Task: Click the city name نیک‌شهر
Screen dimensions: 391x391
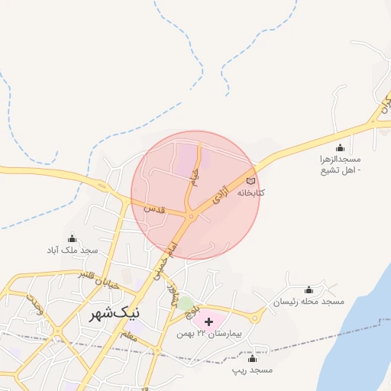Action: (x=115, y=313)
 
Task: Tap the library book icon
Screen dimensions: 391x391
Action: (x=251, y=181)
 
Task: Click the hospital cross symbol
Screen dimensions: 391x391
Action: (x=209, y=322)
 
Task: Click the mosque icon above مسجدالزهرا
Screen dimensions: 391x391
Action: (x=340, y=147)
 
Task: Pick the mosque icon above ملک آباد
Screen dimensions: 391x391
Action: (x=73, y=238)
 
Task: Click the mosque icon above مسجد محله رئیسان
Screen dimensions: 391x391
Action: (x=309, y=290)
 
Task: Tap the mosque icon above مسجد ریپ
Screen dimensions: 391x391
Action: (x=252, y=358)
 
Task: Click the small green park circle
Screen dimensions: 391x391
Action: (x=185, y=304)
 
